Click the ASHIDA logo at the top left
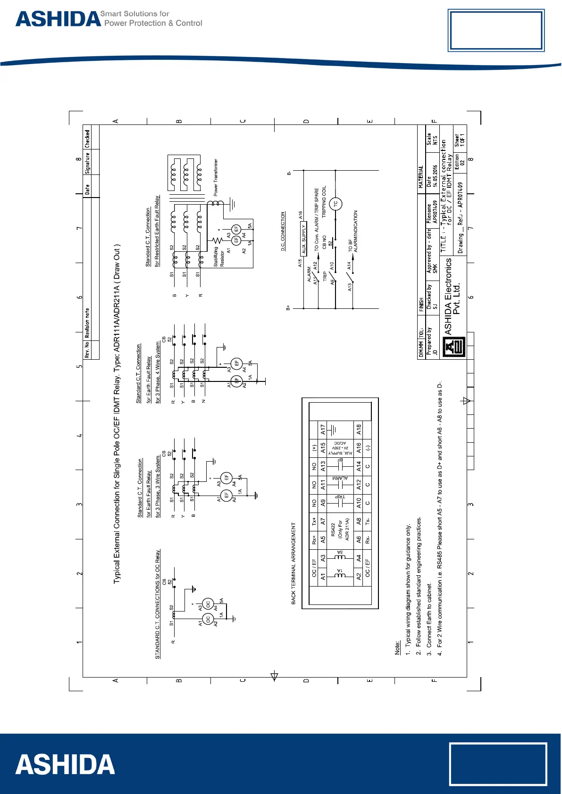[x=59, y=19]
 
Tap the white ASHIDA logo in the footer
[x=65, y=764]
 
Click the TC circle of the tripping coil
[x=336, y=204]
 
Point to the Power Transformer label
[x=216, y=177]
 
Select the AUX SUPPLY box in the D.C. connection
[x=304, y=239]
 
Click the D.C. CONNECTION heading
[x=283, y=231]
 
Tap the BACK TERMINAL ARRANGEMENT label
[x=294, y=563]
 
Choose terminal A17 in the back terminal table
[x=323, y=430]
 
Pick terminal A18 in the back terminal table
[x=359, y=430]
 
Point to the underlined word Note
[x=397, y=647]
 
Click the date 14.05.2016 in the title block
[x=434, y=176]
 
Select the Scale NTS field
[x=432, y=140]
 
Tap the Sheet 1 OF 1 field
[x=460, y=140]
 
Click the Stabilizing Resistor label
[x=219, y=257]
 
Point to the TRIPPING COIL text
[x=324, y=201]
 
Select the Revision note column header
[x=87, y=323]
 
